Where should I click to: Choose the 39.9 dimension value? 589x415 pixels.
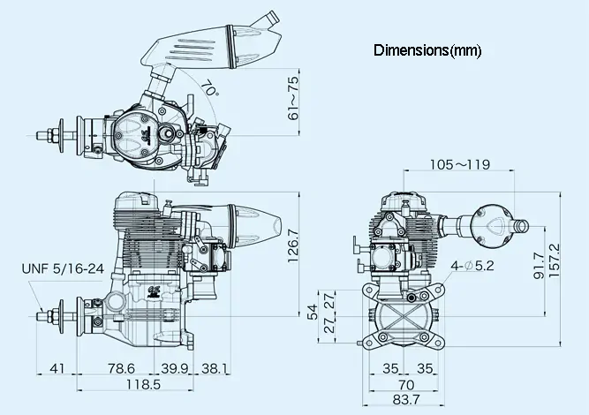176,368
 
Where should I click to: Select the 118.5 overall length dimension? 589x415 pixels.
137,386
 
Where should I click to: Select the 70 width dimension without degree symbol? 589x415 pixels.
406,385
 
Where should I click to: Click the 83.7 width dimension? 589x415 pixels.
406,402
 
